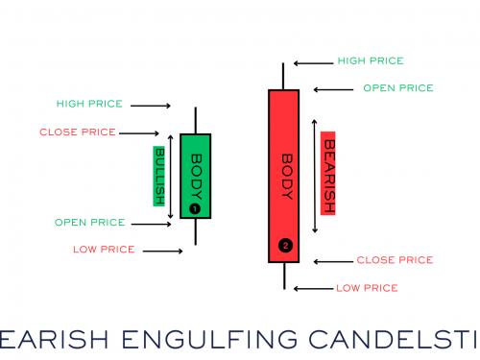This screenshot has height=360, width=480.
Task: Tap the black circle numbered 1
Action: (194, 207)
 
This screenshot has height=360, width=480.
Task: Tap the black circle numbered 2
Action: (284, 246)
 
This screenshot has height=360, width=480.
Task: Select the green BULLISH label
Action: (160, 176)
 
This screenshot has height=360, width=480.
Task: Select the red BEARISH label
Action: (328, 172)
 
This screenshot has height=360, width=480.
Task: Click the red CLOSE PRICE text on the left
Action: (78, 132)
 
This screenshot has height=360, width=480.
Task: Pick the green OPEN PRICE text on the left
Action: (89, 223)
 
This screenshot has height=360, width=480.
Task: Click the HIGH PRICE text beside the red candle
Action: (371, 61)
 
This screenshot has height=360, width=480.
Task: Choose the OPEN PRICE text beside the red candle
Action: (397, 88)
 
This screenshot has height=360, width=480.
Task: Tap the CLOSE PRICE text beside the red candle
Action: (395, 260)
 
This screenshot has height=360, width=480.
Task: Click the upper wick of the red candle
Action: (284, 76)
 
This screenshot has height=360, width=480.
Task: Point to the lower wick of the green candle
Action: (195, 231)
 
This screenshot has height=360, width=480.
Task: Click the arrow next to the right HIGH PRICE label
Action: (312, 63)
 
